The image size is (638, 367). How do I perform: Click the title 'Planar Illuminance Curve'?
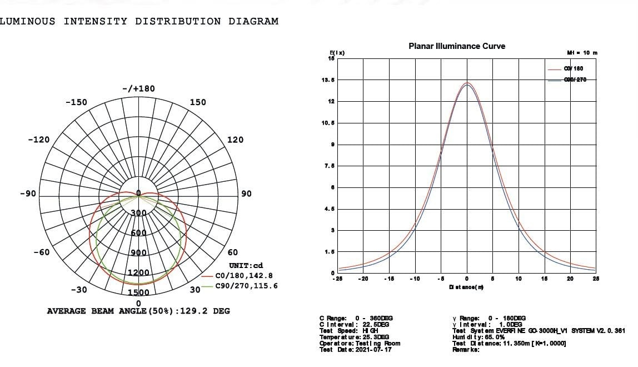[457, 46]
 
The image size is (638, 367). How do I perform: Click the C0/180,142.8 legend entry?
[244, 275]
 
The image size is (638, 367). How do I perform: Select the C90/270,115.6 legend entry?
[246, 286]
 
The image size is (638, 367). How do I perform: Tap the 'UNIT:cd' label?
[246, 266]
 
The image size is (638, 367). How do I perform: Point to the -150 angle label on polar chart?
[76, 102]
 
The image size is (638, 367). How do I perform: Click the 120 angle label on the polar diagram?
[235, 140]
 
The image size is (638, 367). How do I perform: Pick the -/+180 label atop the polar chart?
[138, 89]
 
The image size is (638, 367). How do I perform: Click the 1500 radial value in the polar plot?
[138, 292]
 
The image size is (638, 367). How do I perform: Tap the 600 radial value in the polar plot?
[138, 233]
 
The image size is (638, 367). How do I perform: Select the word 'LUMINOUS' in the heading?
[28, 21]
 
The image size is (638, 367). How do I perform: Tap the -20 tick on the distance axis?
[363, 279]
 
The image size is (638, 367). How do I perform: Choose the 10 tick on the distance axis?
[518, 279]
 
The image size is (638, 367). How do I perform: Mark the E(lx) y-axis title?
[337, 53]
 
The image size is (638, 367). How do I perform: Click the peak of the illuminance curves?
[467, 83]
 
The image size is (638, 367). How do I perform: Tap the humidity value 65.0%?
[494, 337]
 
